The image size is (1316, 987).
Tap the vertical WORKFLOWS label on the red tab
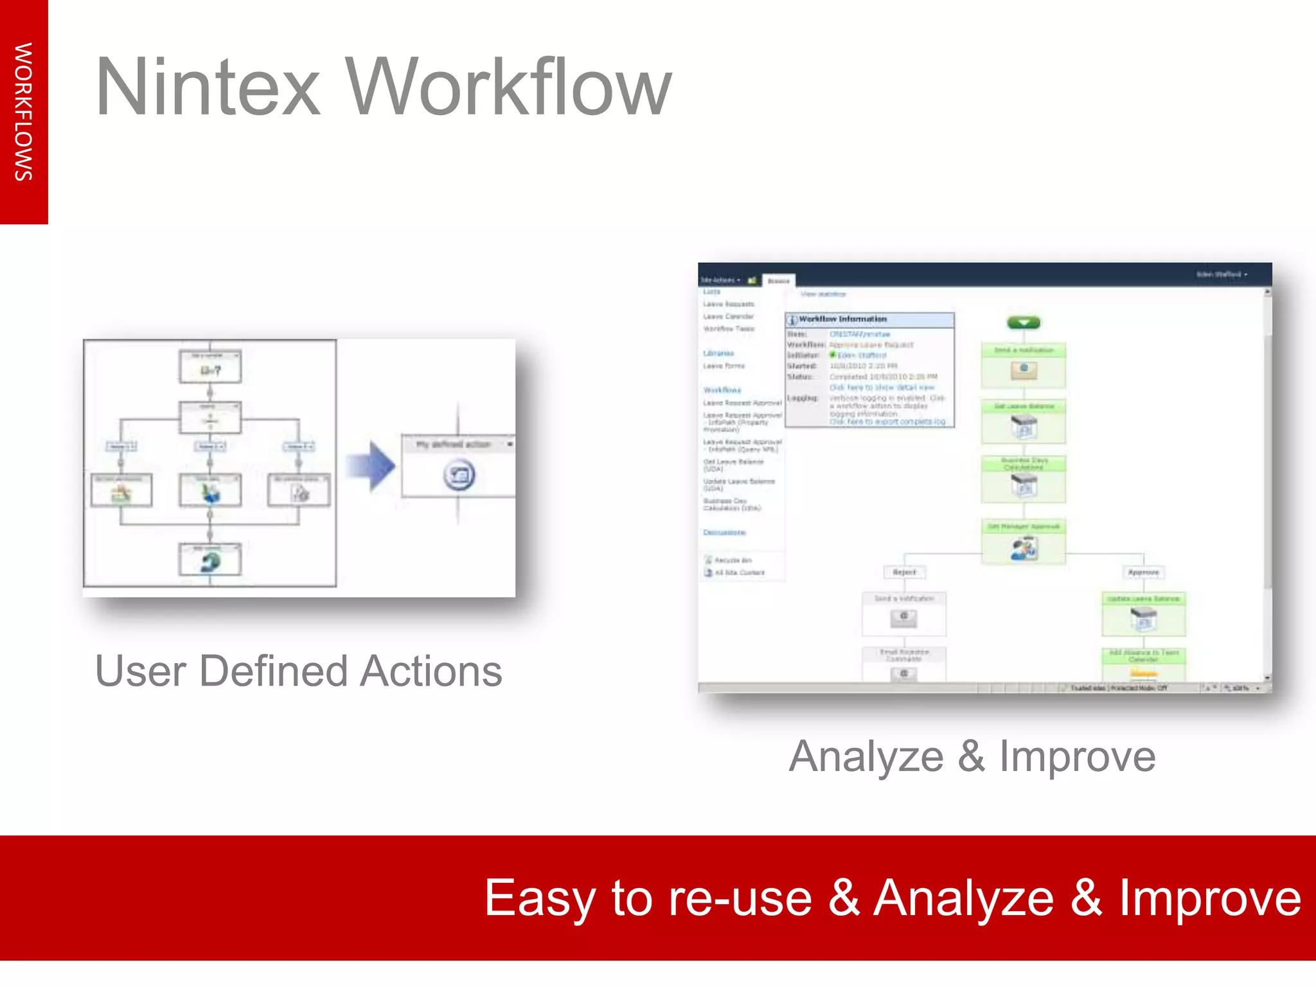(x=24, y=112)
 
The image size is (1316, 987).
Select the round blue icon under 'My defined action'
(x=459, y=476)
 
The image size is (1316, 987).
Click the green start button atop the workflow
(x=1024, y=323)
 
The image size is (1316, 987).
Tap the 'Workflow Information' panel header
(x=842, y=319)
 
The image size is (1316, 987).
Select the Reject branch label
(x=904, y=572)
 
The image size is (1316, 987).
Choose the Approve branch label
(x=1143, y=572)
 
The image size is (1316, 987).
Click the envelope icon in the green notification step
(x=1024, y=370)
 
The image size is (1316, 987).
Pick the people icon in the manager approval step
(x=1024, y=549)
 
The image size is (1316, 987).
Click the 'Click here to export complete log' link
(x=887, y=422)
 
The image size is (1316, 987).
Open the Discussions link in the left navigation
(x=724, y=533)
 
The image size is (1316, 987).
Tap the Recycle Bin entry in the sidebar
(x=733, y=560)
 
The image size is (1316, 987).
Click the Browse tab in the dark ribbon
(x=778, y=281)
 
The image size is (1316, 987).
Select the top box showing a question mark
(x=210, y=368)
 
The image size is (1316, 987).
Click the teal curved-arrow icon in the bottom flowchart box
(x=210, y=563)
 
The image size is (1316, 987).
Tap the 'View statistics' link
(x=823, y=294)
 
